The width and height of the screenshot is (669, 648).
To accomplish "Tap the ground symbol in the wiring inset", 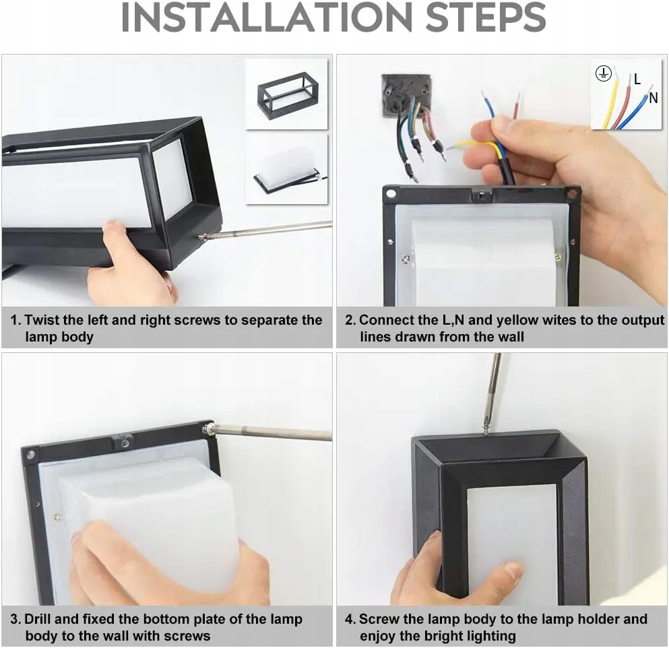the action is coord(603,73).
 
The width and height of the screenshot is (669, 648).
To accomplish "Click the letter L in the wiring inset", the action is coord(637,79).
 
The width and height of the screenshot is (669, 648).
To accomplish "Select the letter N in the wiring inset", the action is coord(654,98).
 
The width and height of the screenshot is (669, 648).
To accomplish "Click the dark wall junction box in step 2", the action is coord(406,95).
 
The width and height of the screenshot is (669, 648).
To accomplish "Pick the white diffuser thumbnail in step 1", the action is coord(288,170).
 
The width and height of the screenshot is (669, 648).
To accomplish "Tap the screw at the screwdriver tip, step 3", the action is coord(209,428).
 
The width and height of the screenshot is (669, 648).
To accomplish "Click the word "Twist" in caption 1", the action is coord(44,320).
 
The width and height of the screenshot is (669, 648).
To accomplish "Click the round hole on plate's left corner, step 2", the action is coord(391,194).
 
